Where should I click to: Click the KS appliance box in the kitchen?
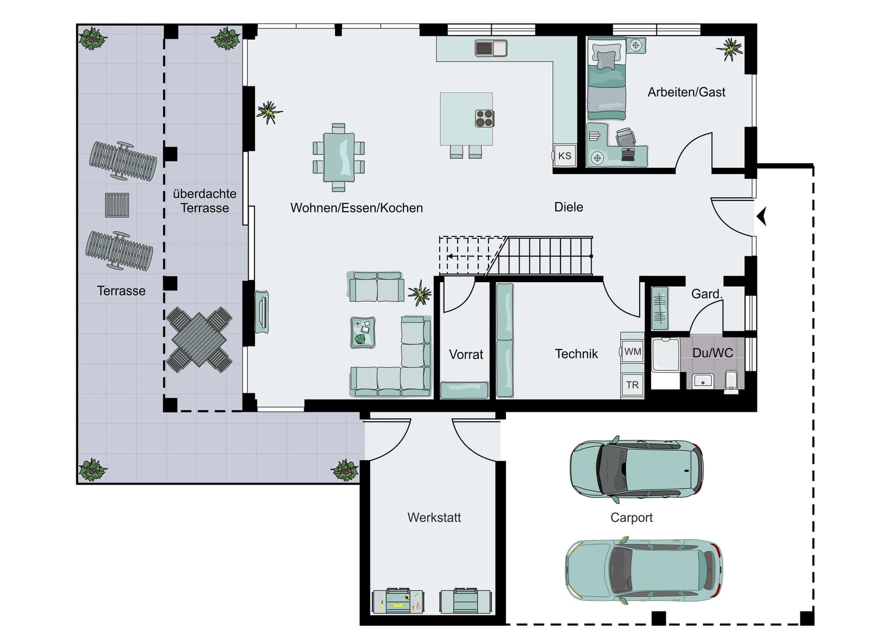pyautogui.click(x=564, y=155)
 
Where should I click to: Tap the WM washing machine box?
pyautogui.click(x=632, y=351)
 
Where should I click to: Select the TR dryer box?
pyautogui.click(x=632, y=385)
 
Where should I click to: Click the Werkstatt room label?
pyautogui.click(x=434, y=517)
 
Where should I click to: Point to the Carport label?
pyautogui.click(x=631, y=518)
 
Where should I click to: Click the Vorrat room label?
pyautogui.click(x=466, y=355)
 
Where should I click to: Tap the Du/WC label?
pyautogui.click(x=713, y=353)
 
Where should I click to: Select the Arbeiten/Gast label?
pyautogui.click(x=686, y=92)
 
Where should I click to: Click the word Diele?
pyautogui.click(x=568, y=207)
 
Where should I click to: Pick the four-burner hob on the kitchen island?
pyautogui.click(x=484, y=119)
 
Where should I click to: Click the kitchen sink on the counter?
pyautogui.click(x=491, y=48)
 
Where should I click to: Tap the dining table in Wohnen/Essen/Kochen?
pyautogui.click(x=339, y=157)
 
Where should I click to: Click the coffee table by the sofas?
pyautogui.click(x=363, y=332)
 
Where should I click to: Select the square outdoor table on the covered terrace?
pyautogui.click(x=199, y=340)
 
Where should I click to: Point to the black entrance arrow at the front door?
pyautogui.click(x=761, y=216)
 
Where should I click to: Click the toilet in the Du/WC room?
pyautogui.click(x=731, y=380)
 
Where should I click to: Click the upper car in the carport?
pyautogui.click(x=637, y=468)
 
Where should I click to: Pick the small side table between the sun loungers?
pyautogui.click(x=117, y=205)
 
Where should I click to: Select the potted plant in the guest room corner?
pyautogui.click(x=730, y=49)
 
